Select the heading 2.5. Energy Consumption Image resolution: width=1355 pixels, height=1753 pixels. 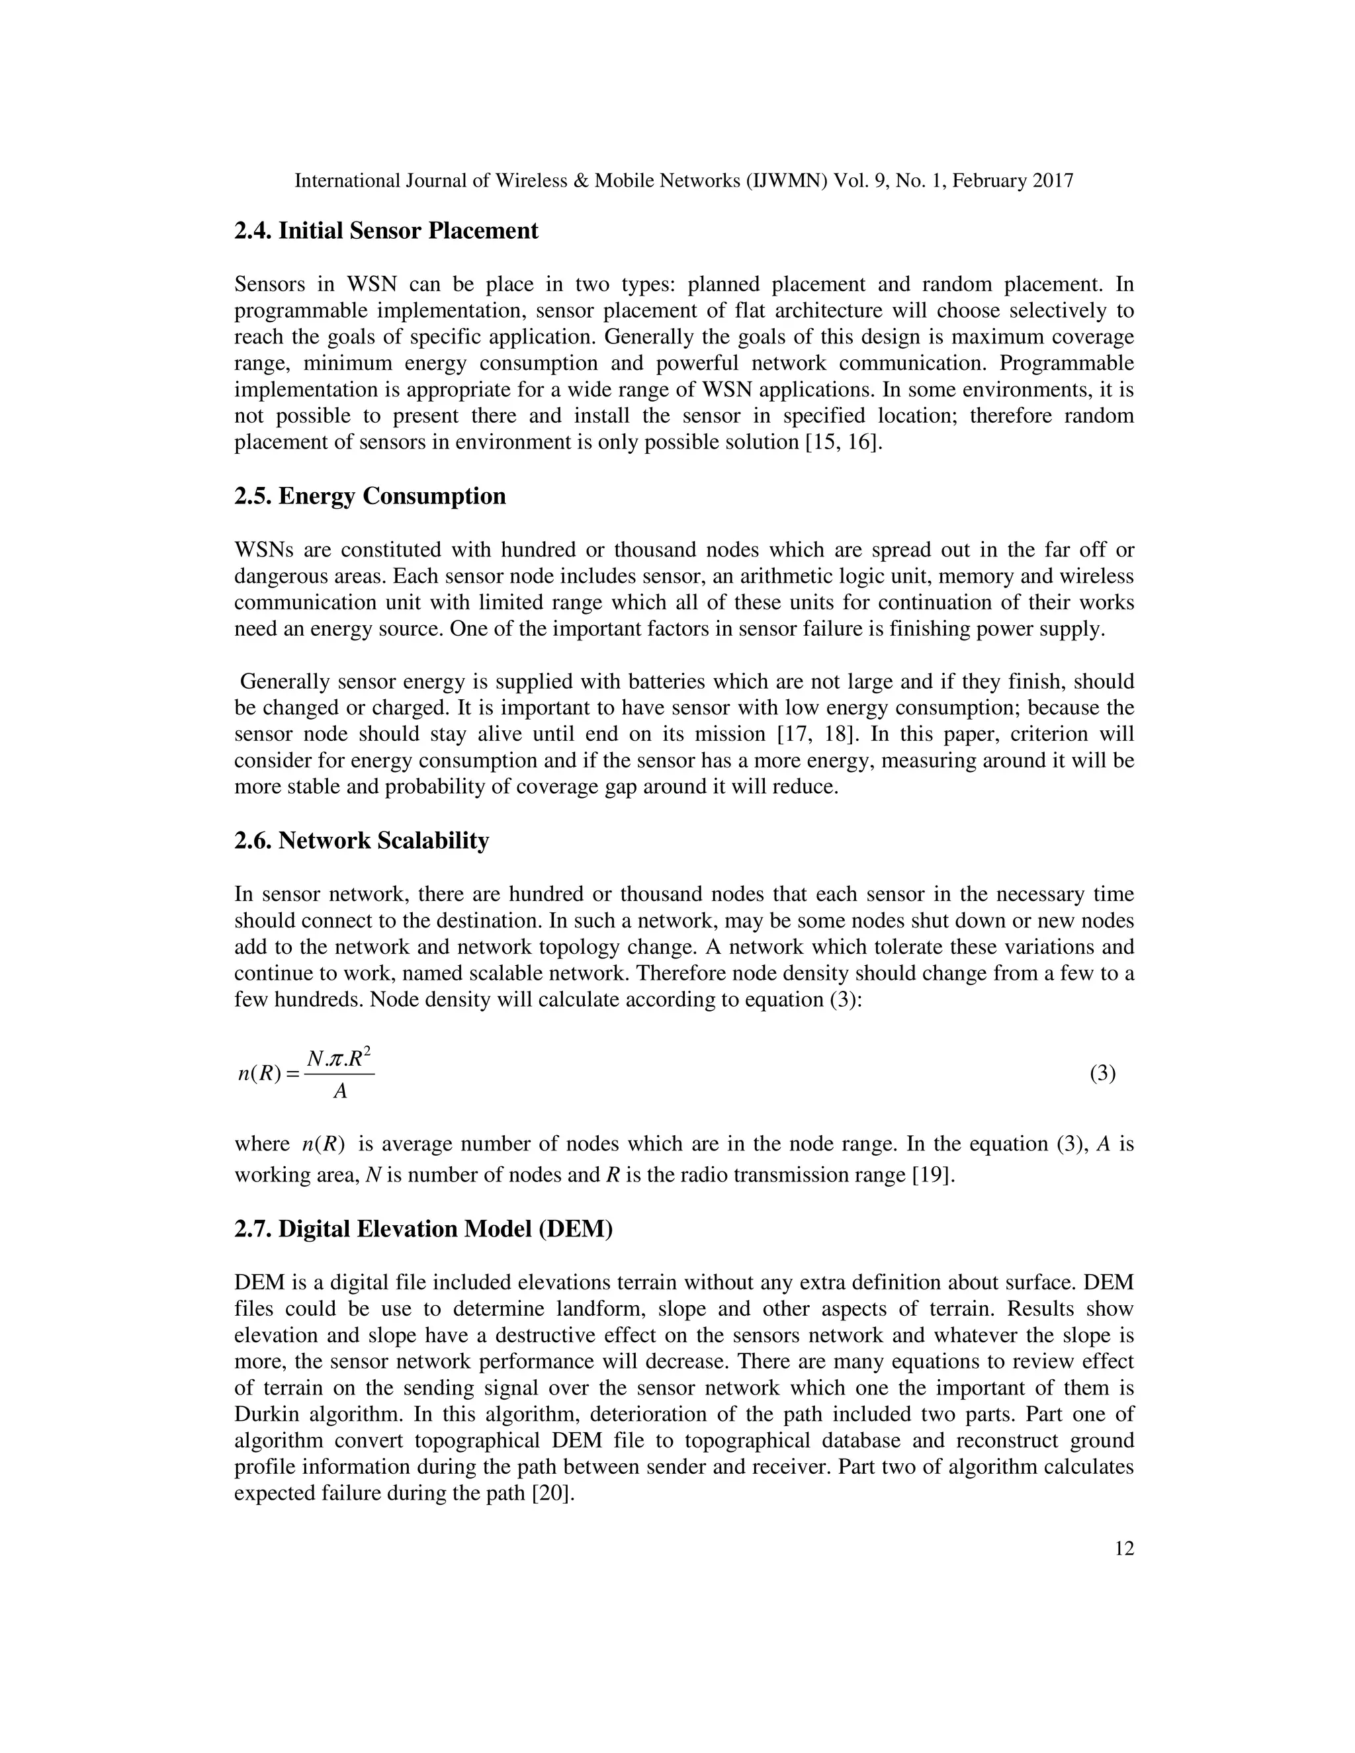tap(369, 496)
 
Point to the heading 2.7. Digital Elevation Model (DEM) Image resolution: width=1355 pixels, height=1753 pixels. tap(423, 1229)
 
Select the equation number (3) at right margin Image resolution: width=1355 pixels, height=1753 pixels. tap(1102, 1073)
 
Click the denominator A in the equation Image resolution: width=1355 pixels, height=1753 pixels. tap(340, 1091)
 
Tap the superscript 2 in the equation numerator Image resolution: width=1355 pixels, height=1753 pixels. tap(367, 1050)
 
